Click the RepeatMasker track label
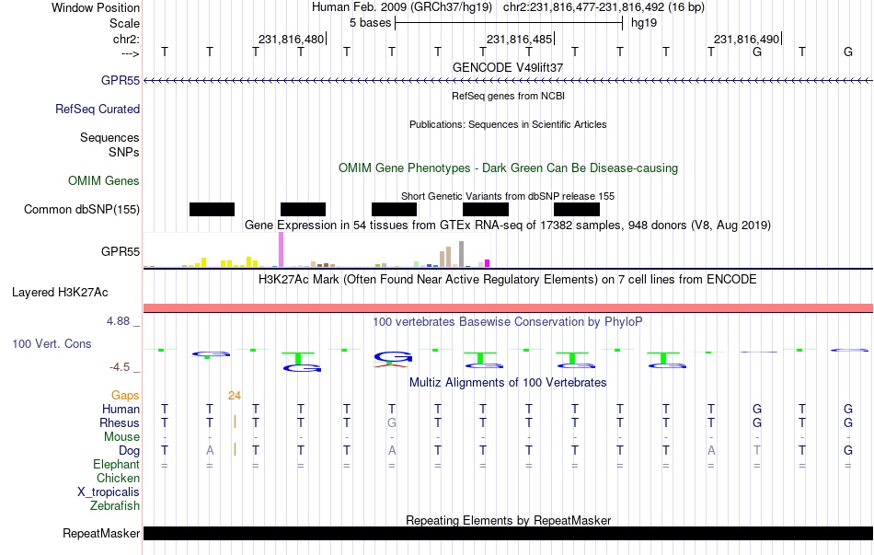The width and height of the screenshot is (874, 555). (x=101, y=534)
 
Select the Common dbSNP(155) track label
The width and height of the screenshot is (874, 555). (x=82, y=210)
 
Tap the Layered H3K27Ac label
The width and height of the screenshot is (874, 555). (x=60, y=293)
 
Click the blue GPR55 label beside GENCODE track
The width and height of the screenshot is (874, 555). (x=121, y=81)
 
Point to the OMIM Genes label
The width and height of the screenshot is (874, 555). (x=104, y=181)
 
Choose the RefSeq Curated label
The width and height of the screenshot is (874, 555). (x=98, y=109)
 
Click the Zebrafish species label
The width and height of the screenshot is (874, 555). (x=115, y=505)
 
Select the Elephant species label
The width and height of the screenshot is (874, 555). (x=116, y=465)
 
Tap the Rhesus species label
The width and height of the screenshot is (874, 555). (x=120, y=423)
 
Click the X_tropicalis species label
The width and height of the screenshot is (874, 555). (x=109, y=491)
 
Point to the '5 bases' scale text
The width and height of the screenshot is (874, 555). (x=370, y=22)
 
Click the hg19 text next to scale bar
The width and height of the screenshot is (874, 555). (x=644, y=22)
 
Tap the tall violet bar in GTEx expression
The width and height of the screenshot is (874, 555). (x=281, y=249)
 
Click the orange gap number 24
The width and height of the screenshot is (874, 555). (x=235, y=396)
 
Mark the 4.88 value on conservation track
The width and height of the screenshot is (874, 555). (x=123, y=321)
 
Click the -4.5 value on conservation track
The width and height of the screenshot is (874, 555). (x=123, y=367)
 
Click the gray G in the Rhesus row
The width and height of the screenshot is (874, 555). (x=392, y=423)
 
